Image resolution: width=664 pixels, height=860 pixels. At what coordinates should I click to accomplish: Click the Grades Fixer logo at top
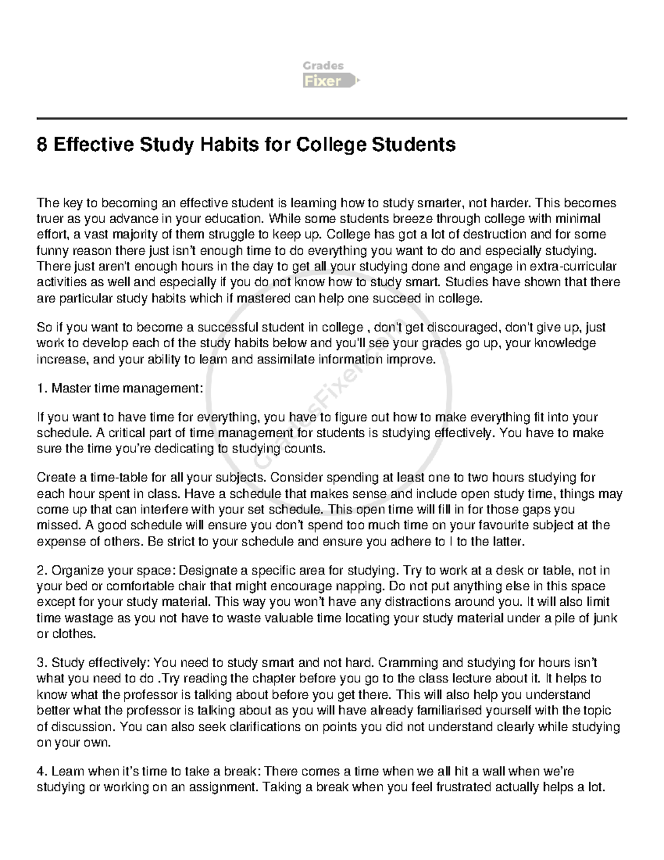[x=331, y=74]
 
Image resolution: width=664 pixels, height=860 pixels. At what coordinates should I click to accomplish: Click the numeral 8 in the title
[x=41, y=145]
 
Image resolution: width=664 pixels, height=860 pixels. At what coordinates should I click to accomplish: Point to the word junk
[x=605, y=618]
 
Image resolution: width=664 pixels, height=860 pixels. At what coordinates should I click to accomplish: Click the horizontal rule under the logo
[x=331, y=119]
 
